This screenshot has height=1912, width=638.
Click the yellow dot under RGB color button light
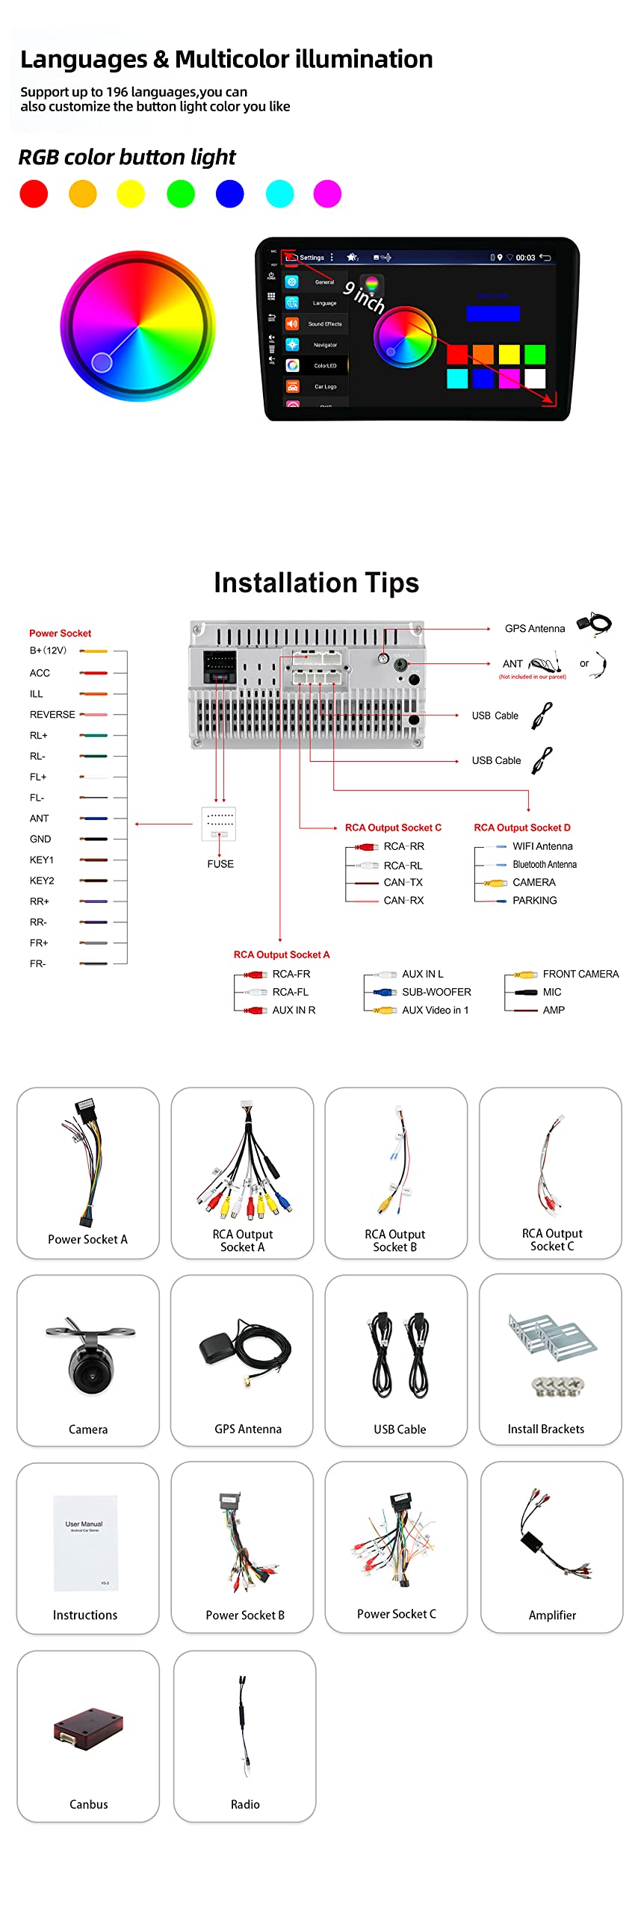tap(131, 193)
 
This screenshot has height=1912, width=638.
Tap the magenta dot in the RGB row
tap(327, 193)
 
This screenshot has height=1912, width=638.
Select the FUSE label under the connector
tap(220, 863)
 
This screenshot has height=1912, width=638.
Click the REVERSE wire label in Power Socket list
tap(52, 715)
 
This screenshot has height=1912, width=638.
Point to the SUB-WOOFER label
tap(436, 992)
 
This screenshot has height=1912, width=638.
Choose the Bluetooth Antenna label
tap(545, 864)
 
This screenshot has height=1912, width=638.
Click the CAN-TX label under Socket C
tap(403, 882)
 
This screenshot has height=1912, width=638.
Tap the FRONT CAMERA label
tap(580, 974)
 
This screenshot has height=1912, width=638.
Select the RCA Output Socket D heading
tap(522, 828)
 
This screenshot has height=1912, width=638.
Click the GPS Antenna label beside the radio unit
tap(535, 628)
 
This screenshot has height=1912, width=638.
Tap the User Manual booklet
tap(85, 1542)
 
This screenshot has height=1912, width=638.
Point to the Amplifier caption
tap(552, 1615)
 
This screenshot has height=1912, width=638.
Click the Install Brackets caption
tap(546, 1429)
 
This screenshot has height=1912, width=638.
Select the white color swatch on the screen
tap(535, 379)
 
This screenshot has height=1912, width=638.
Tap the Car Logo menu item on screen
tap(325, 387)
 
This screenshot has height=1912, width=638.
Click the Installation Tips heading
tap(317, 583)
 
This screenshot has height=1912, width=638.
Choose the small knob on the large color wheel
tap(102, 362)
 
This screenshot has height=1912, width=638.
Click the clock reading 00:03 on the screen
tap(525, 258)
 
